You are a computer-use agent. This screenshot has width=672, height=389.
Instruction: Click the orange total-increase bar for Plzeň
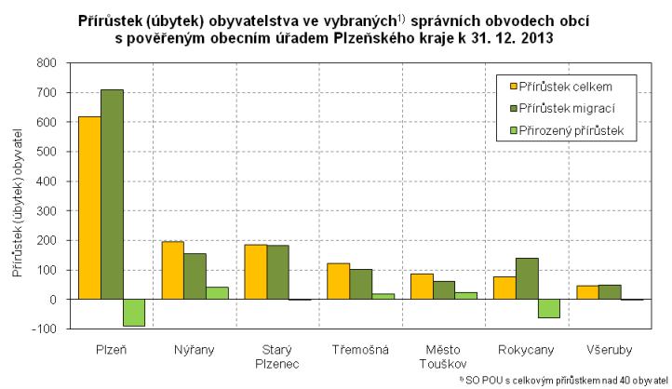coord(89,208)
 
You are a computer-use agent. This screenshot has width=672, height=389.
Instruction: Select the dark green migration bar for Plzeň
coord(112,194)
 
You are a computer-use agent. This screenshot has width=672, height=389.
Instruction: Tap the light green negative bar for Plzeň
coord(134,313)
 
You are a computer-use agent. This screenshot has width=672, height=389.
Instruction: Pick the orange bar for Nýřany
coord(172,271)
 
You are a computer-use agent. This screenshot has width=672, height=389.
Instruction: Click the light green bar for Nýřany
coord(217,293)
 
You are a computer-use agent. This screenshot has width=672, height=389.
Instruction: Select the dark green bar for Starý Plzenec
coord(277,273)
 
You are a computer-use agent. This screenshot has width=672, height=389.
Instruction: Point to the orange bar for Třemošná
coord(338,281)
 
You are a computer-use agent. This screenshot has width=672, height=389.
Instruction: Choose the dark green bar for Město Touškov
coord(443,290)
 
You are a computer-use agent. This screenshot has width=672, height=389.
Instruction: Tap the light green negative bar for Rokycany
coord(548,309)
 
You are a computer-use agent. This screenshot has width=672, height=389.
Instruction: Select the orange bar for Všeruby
coord(587,292)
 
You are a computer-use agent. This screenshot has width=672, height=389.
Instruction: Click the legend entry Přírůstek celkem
coord(565,87)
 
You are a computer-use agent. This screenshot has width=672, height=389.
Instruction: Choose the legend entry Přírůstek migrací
coord(566,109)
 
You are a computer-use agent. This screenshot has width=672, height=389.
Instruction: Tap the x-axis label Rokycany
coord(526,349)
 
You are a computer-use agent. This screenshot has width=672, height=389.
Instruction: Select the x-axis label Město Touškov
coord(443,355)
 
